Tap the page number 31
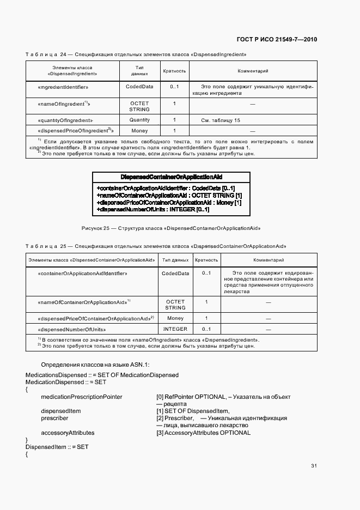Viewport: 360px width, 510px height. pyautogui.click(x=314, y=466)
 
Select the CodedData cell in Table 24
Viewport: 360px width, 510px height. pyautogui.click(x=139, y=87)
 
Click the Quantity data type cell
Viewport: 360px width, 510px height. pyautogui.click(x=139, y=120)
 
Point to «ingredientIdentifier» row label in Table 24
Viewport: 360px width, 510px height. pyautogui.click(x=64, y=87)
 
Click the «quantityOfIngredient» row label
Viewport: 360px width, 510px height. pyautogui.click(x=66, y=120)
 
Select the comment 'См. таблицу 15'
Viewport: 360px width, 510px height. pyautogui.click(x=221, y=120)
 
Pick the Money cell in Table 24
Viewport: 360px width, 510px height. pyautogui.click(x=139, y=131)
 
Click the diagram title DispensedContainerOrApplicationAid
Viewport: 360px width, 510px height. pyautogui.click(x=172, y=177)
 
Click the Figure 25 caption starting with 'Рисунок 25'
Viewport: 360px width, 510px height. pyautogui.click(x=172, y=227)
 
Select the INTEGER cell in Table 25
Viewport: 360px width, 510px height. pyautogui.click(x=175, y=329)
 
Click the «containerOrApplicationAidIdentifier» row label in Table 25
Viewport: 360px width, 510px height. pyautogui.click(x=83, y=273)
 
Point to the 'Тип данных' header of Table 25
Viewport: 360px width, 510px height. pyautogui.click(x=175, y=260)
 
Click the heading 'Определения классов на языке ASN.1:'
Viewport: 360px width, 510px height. pyautogui.click(x=95, y=365)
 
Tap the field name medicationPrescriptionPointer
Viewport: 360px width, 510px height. pyautogui.click(x=82, y=397)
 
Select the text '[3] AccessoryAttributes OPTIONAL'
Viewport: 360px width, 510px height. pyautogui.click(x=203, y=433)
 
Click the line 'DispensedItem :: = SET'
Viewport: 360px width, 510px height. pyautogui.click(x=57, y=447)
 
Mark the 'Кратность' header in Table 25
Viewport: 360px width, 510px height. pyautogui.click(x=206, y=260)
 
